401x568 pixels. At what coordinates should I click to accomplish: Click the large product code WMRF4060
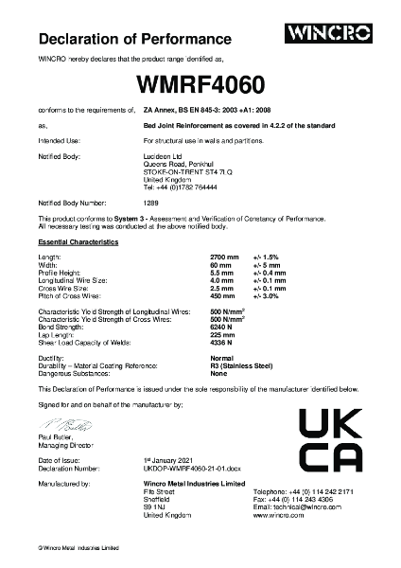200,84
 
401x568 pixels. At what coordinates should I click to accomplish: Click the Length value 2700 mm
221,257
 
